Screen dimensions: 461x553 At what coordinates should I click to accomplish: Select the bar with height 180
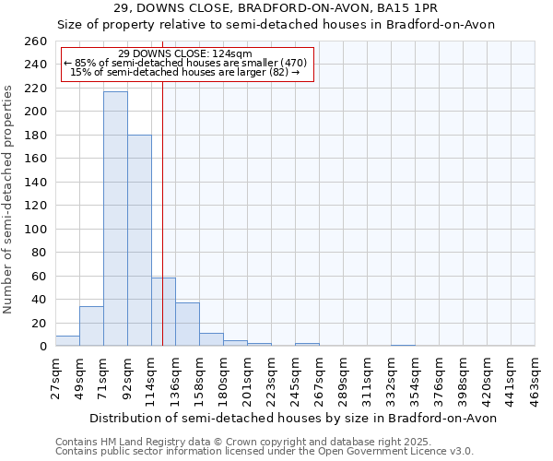139,241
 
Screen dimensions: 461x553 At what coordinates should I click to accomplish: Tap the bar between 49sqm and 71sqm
91,326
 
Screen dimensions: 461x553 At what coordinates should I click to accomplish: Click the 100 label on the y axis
35,229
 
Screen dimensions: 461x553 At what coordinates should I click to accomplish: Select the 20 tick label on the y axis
39,323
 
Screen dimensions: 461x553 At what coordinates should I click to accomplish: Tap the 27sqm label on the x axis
56,379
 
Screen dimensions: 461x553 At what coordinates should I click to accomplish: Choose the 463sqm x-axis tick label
535,379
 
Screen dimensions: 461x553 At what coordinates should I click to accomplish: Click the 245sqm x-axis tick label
296,379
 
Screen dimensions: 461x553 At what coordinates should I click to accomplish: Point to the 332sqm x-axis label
392,379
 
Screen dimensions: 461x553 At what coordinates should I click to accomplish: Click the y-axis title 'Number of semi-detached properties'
9,198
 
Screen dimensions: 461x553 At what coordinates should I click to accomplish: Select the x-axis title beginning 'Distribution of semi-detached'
292,418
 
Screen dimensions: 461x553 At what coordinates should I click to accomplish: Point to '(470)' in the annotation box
288,63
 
